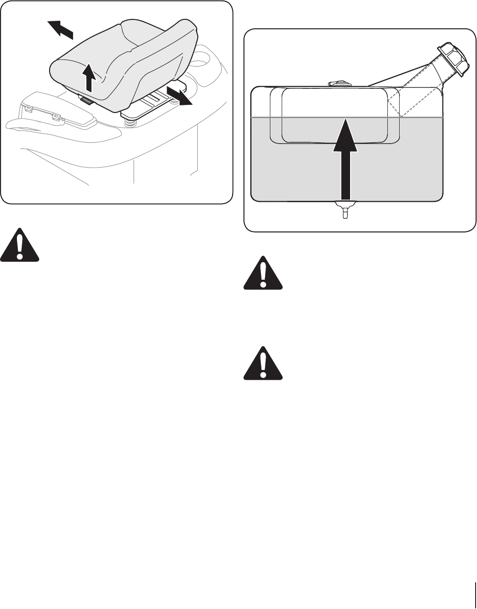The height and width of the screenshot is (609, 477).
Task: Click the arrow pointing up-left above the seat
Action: (x=60, y=29)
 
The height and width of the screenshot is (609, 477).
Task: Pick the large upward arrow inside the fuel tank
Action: (x=346, y=160)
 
